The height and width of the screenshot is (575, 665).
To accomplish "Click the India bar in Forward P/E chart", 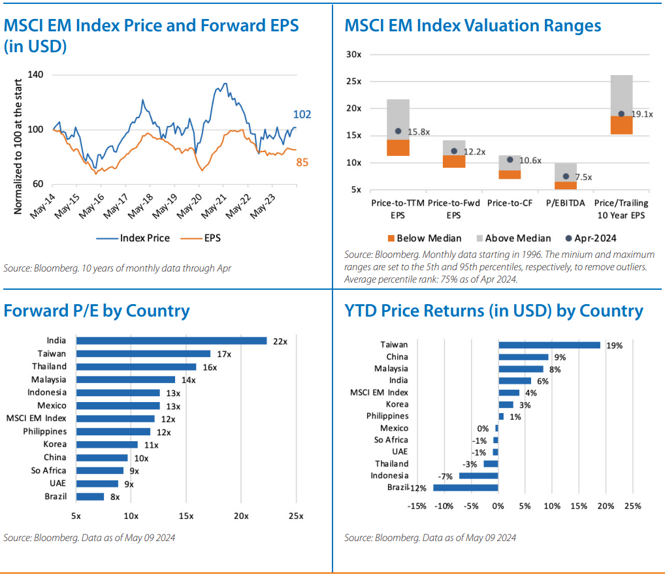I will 171,341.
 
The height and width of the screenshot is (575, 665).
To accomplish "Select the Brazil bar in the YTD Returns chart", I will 465,488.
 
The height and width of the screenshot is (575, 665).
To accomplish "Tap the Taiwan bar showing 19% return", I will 549,345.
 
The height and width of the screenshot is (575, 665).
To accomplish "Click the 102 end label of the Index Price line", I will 301,115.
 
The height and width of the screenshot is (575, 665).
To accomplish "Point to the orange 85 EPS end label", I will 302,162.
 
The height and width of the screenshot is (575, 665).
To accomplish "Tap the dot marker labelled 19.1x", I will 621,114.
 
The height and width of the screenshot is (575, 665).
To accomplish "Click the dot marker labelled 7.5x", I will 566,176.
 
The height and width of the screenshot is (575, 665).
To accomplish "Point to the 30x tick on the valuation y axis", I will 353,54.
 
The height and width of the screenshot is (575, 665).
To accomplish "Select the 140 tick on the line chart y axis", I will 36,75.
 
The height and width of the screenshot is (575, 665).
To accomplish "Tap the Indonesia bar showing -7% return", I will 478,476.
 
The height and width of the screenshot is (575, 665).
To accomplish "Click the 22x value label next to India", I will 280,341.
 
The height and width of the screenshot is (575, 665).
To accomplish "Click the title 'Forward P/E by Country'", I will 97,311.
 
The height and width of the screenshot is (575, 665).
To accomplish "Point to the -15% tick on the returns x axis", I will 417,506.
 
